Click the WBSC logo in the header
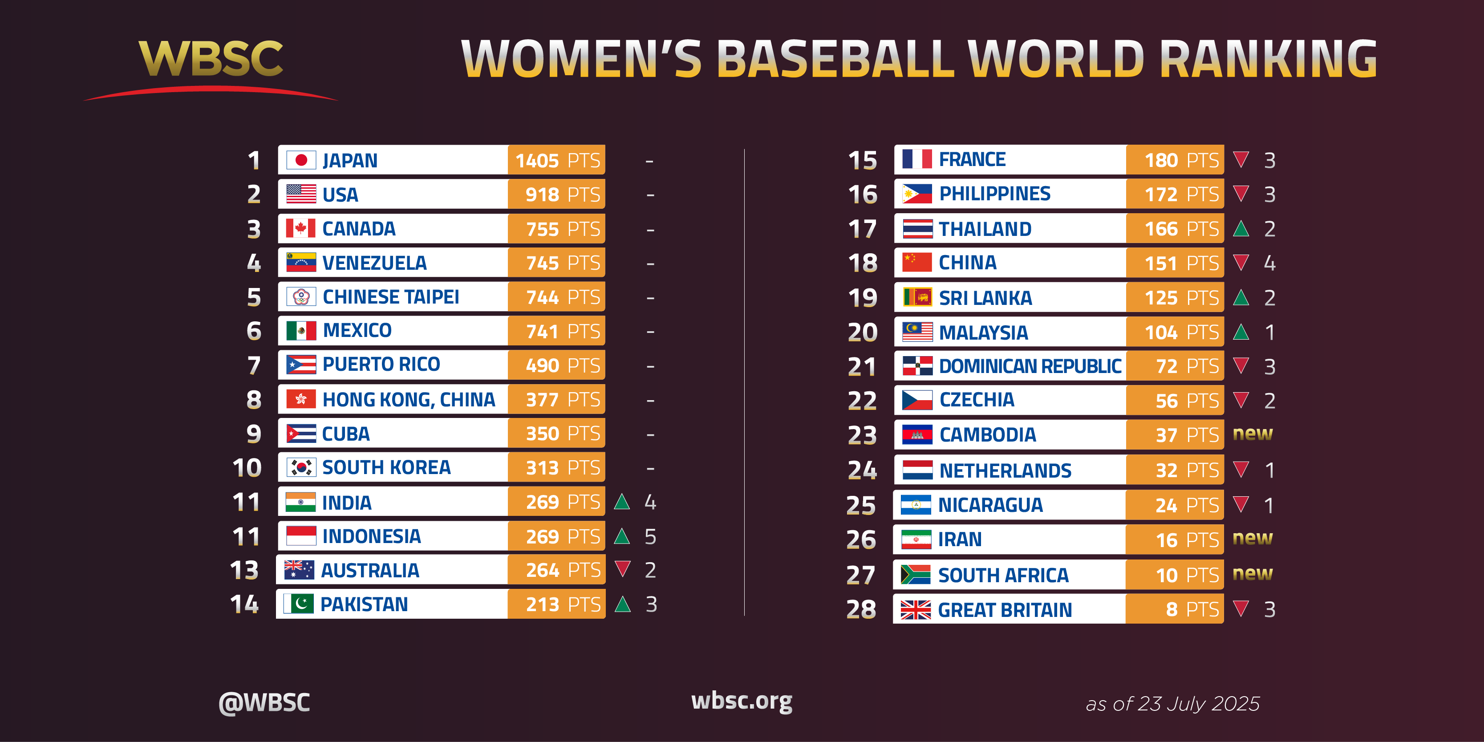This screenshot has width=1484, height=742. [211, 59]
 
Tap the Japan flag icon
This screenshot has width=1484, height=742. [301, 160]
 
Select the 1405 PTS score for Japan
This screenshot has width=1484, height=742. [556, 160]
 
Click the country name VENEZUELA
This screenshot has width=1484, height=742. [374, 263]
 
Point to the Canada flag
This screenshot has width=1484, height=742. [301, 229]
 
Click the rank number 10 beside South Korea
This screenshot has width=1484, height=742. [247, 468]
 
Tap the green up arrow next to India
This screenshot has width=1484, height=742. [622, 502]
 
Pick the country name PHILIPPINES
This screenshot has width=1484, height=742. [994, 194]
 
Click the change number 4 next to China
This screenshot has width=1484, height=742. [1269, 263]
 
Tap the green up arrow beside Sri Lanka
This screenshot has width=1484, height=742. [1241, 298]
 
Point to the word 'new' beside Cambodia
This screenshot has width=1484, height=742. [1253, 434]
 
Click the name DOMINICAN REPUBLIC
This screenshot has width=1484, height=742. [1030, 366]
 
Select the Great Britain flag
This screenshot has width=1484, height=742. [916, 609]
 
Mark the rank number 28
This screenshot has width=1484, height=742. [861, 609]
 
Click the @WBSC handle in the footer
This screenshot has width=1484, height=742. [264, 703]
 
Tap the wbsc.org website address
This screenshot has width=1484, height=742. [742, 701]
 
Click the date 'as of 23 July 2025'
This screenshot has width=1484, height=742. [1172, 703]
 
